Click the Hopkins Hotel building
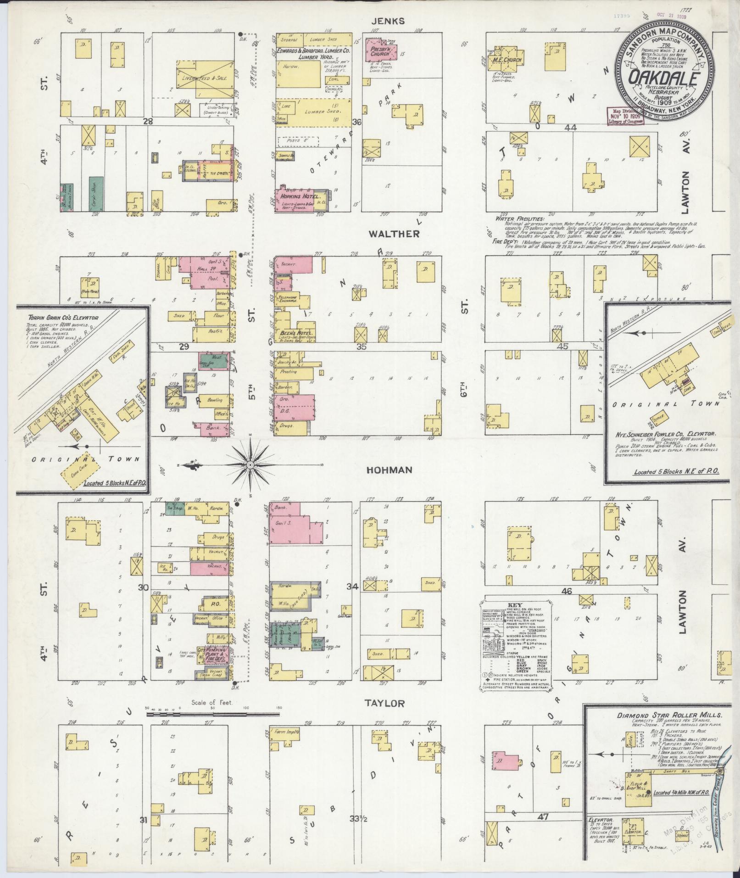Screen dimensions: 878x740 pyautogui.click(x=295, y=200)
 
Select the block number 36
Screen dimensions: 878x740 pyautogui.click(x=357, y=122)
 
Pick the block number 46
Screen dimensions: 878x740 pyautogui.click(x=567, y=592)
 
